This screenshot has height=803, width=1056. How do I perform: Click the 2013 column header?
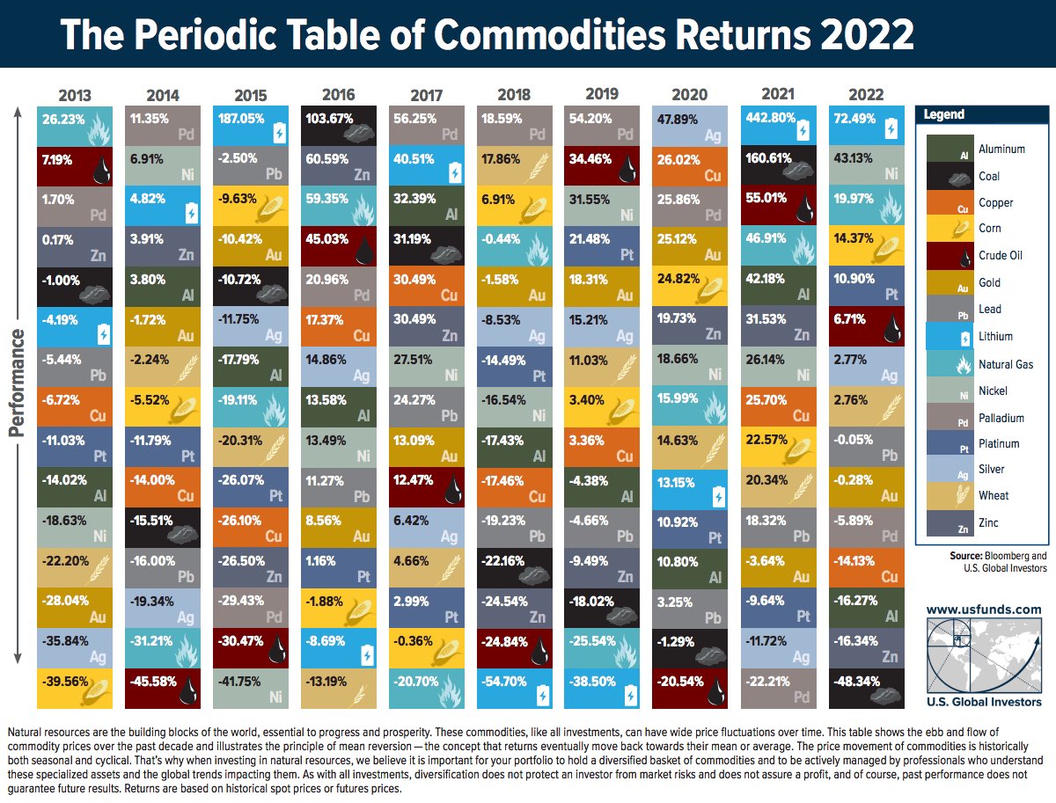[x=75, y=95]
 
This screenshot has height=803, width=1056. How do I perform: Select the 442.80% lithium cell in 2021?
[x=778, y=126]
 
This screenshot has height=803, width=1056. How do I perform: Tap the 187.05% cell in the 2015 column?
[x=251, y=126]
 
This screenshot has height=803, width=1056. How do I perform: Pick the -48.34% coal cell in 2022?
[x=865, y=689]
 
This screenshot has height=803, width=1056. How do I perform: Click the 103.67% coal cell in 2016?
[x=339, y=126]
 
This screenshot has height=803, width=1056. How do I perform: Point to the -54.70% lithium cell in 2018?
[x=515, y=689]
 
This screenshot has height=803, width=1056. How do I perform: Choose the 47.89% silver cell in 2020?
[x=690, y=126]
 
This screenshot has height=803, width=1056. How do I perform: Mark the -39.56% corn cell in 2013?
[x=75, y=689]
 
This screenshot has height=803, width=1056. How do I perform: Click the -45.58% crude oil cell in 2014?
[x=163, y=689]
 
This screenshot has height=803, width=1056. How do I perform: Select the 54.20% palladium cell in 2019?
[x=603, y=126]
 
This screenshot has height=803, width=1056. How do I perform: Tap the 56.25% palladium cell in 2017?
[x=427, y=126]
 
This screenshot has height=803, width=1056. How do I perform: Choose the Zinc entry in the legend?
[x=989, y=523]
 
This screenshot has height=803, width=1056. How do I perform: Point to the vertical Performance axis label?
[x=17, y=384]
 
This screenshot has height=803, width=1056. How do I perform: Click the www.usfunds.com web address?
[x=983, y=609]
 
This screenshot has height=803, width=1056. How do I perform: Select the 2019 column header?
[x=603, y=93]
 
